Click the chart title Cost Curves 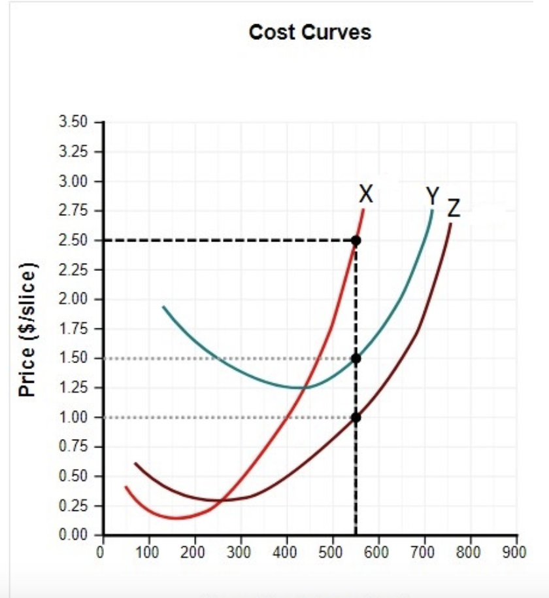310,32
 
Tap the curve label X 367,194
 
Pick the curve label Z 454,208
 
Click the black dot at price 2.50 356,240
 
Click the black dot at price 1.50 356,358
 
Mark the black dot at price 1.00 356,417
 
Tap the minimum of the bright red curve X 175,518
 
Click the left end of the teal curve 163,306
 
